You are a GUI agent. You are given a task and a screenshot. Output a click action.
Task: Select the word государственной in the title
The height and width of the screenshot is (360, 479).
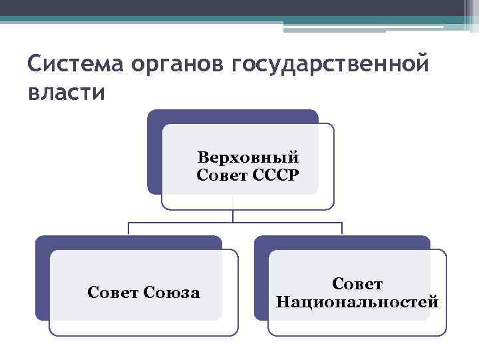click(329, 66)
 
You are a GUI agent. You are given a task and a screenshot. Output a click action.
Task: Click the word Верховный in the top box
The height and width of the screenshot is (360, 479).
click(248, 158)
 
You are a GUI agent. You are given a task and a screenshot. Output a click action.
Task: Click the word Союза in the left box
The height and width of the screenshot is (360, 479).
click(172, 292)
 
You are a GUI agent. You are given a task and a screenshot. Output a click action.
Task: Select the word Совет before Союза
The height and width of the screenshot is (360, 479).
click(113, 292)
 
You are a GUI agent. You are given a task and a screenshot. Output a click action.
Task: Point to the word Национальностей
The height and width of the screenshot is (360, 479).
click(357, 301)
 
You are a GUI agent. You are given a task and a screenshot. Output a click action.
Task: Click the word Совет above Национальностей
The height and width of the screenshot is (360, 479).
click(357, 284)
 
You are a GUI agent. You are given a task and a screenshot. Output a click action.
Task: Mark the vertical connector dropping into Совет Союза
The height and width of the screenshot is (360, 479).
click(128, 229)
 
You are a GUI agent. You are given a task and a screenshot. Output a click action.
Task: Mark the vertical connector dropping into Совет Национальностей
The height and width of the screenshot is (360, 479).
click(342, 229)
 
